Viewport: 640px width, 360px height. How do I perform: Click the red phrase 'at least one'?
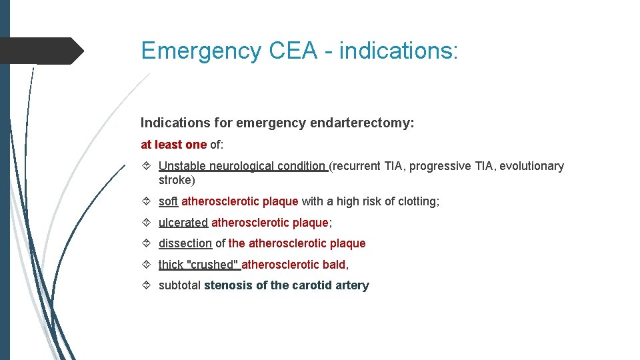pos(173,145)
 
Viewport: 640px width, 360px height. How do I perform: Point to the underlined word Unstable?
pos(183,166)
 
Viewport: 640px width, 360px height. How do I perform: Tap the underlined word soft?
pos(168,201)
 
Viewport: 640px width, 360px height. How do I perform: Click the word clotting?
pos(418,201)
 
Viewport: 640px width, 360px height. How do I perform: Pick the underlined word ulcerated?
pos(183,223)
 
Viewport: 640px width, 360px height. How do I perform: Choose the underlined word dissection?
pos(185,243)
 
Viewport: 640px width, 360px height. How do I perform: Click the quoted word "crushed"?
pos(213,265)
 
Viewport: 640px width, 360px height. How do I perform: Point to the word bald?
pos(335,265)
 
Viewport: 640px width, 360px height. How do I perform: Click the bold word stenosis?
pos(227,285)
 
